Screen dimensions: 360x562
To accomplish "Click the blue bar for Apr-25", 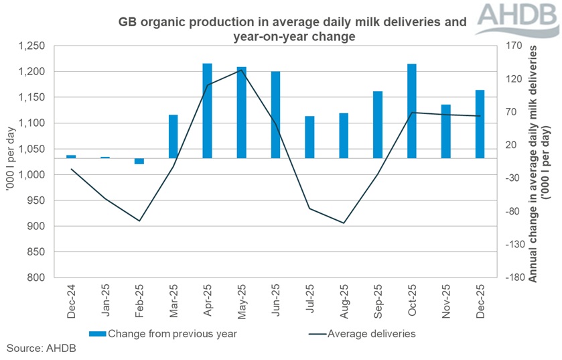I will pyautogui.click(x=208, y=111).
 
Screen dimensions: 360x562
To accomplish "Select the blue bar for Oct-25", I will pyautogui.click(x=412, y=111).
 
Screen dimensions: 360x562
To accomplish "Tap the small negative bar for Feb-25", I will pyautogui.click(x=139, y=161).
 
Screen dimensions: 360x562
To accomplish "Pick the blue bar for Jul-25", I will pyautogui.click(x=309, y=137).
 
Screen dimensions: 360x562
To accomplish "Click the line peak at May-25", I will pyautogui.click(x=241, y=70).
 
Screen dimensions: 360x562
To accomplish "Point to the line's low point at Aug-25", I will pyautogui.click(x=344, y=223).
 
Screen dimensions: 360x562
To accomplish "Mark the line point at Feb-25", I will pyautogui.click(x=139, y=221).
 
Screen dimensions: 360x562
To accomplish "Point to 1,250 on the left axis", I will pyautogui.click(x=31, y=46).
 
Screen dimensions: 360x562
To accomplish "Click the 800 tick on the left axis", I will pyautogui.click(x=36, y=278).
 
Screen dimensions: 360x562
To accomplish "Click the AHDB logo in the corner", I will pyautogui.click(x=520, y=17).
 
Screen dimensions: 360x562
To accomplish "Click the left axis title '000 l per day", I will pyautogui.click(x=10, y=161).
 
